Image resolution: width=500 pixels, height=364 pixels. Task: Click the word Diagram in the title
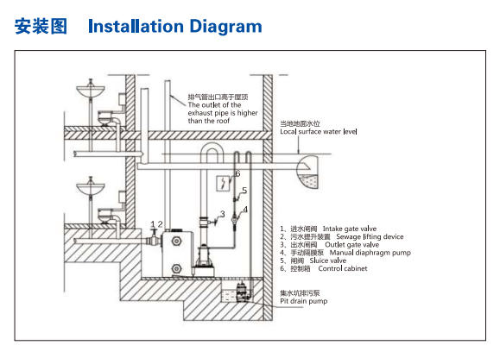(225, 27)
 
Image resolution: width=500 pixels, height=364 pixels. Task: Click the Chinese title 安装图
(41, 26)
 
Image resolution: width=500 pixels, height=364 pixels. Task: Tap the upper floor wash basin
(91, 91)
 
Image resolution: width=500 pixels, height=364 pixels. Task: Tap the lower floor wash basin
(91, 189)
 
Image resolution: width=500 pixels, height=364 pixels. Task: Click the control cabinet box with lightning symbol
(223, 184)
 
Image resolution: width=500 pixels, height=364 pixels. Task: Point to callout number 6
(237, 173)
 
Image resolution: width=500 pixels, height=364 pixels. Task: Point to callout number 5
(244, 191)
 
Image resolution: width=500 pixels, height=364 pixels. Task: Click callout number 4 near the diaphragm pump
(245, 210)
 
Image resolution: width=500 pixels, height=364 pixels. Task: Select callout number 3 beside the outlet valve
(222, 214)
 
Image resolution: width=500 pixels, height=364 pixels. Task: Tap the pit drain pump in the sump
(242, 291)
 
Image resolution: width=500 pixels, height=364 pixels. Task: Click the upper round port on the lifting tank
(176, 241)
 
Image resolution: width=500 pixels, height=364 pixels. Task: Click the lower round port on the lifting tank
(176, 269)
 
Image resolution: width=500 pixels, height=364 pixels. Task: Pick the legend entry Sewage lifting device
(370, 237)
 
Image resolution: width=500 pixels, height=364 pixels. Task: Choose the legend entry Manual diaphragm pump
(370, 253)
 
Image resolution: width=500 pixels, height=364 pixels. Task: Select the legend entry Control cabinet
(343, 268)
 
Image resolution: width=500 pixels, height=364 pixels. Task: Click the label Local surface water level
(319, 131)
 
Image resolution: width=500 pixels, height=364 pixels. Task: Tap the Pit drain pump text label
(304, 301)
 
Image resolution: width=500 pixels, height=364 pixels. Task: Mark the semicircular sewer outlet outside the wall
(307, 172)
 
